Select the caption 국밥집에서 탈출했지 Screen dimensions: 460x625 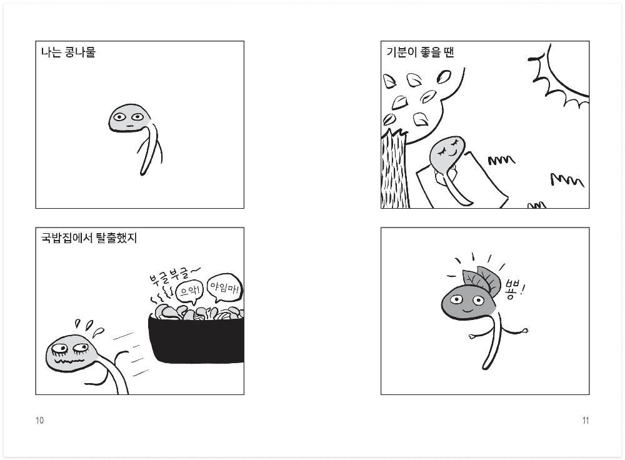click(x=89, y=238)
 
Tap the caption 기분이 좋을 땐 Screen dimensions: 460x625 click(x=420, y=52)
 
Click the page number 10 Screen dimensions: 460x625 click(x=40, y=421)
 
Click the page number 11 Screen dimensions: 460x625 click(x=585, y=421)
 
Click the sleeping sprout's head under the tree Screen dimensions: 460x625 click(x=447, y=154)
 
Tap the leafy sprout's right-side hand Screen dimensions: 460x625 click(x=525, y=330)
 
